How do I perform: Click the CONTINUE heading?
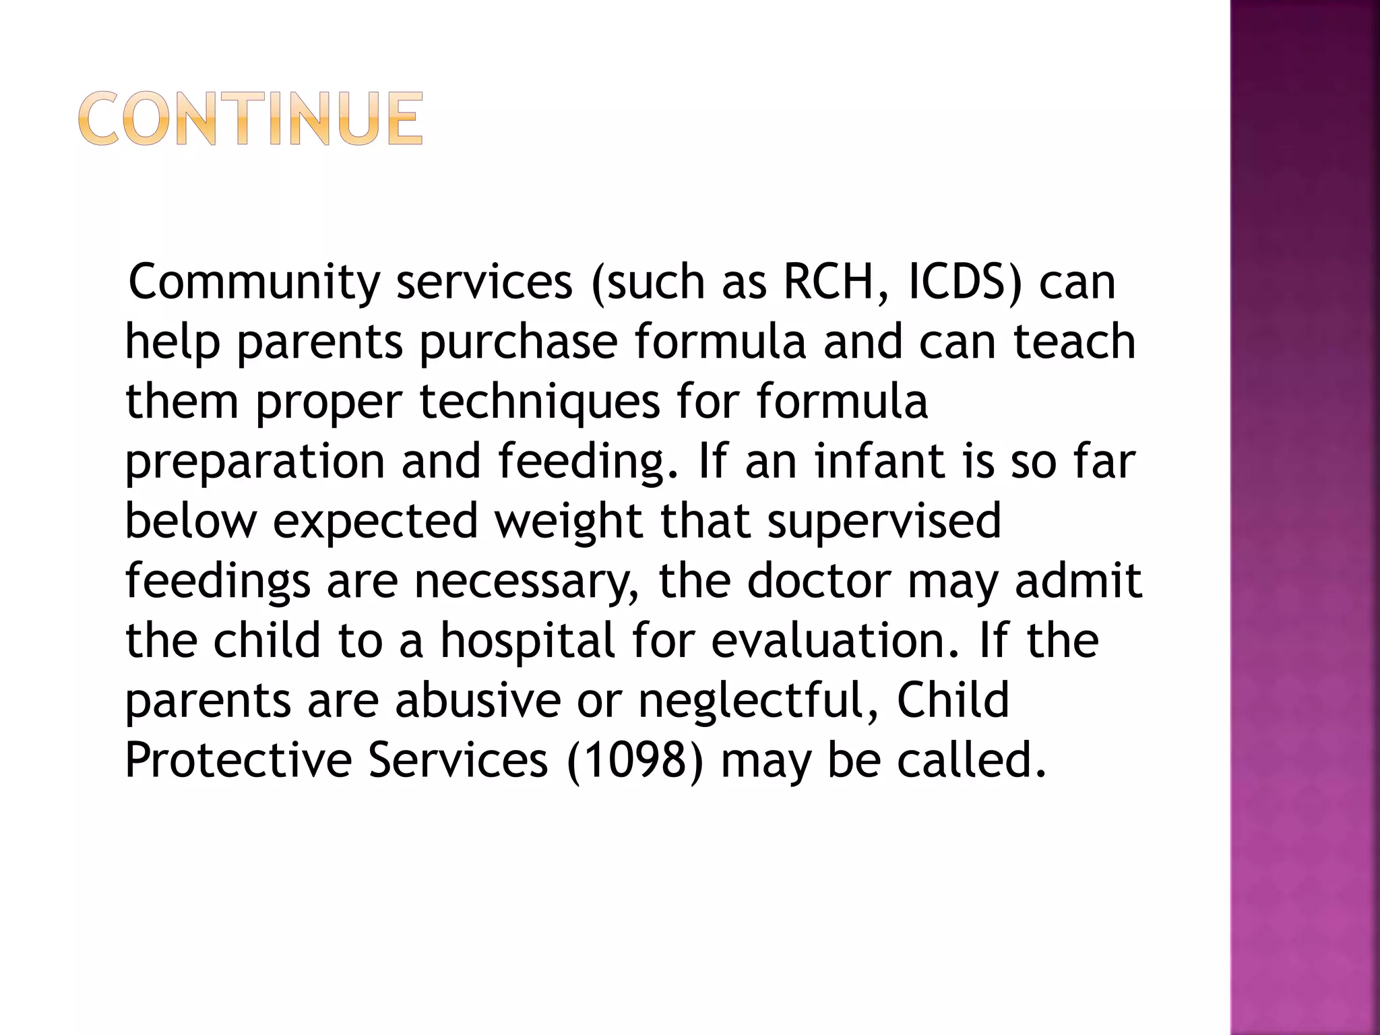coord(251,119)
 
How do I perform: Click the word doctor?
coord(819,581)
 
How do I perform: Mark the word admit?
coord(1078,581)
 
